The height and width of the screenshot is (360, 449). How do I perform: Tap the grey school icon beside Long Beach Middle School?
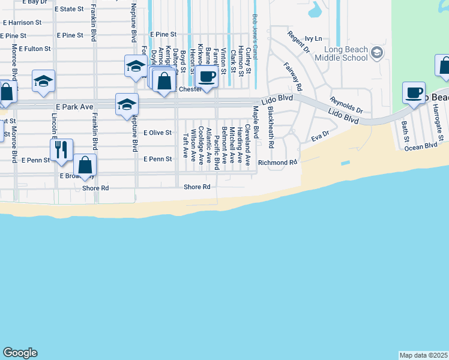(376, 53)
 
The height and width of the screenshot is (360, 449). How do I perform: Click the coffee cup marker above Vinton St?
(207, 77)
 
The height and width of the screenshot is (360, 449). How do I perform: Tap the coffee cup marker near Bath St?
(414, 93)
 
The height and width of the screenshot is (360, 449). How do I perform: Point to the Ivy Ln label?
(313, 38)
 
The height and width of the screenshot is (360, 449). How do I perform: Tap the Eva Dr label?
(320, 136)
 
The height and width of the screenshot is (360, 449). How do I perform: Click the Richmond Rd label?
(277, 163)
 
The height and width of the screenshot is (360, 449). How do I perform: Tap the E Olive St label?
(158, 133)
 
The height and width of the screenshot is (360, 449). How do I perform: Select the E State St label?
(69, 9)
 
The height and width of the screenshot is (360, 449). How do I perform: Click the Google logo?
(20, 353)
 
